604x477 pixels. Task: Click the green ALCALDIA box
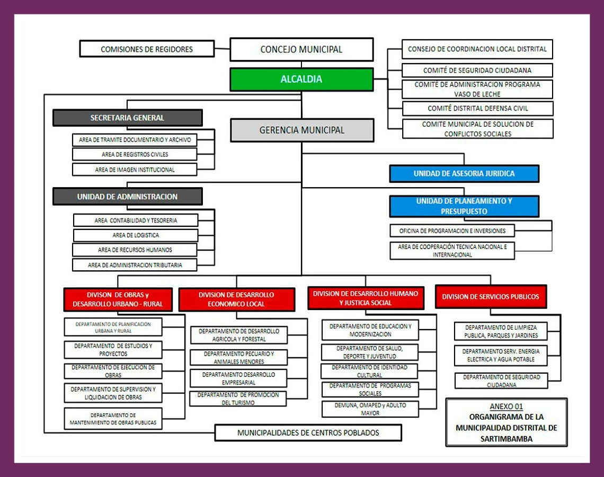click(x=301, y=79)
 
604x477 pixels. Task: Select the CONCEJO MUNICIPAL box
click(x=301, y=49)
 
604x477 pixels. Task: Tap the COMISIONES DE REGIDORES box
click(x=147, y=49)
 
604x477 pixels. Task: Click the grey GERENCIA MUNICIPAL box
click(x=302, y=130)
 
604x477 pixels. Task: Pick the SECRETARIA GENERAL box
click(x=127, y=118)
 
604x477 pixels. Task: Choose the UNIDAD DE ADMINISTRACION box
click(x=127, y=197)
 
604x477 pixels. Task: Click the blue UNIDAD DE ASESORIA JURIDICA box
click(x=464, y=174)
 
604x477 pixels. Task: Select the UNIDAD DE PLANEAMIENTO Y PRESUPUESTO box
click(x=464, y=206)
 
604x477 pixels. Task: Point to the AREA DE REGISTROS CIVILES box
click(x=135, y=155)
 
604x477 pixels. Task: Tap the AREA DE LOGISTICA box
click(x=136, y=235)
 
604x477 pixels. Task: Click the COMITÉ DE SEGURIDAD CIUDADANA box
click(x=477, y=70)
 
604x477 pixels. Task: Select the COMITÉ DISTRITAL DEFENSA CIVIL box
click(x=477, y=109)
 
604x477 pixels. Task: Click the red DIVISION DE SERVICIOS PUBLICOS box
click(x=490, y=297)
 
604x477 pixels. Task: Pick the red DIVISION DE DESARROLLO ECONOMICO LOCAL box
click(x=236, y=299)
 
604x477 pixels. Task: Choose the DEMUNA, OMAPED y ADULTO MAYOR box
click(x=370, y=409)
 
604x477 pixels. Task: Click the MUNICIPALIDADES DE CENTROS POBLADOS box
click(x=308, y=432)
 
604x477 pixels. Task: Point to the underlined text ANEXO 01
click(x=506, y=407)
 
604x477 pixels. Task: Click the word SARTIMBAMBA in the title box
click(x=506, y=439)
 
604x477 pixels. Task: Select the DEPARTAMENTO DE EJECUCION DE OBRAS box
click(x=113, y=371)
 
